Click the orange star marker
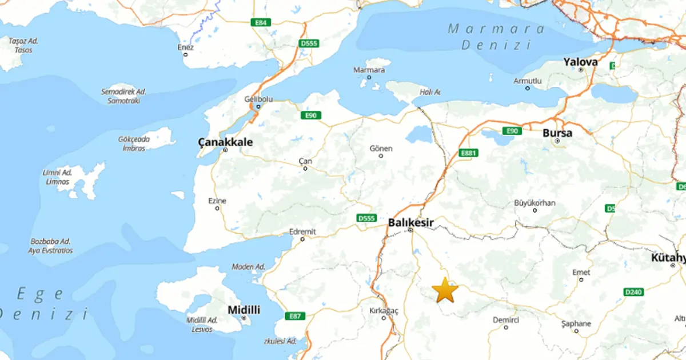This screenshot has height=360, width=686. point(445,290)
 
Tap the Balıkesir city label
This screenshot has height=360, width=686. point(411,222)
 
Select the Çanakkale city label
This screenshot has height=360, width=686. point(225,142)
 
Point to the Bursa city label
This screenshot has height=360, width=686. point(557,133)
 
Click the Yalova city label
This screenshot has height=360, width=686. point(580,62)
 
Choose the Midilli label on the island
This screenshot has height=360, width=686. point(244,310)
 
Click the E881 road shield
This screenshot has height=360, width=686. point(468,153)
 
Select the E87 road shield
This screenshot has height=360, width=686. point(295,316)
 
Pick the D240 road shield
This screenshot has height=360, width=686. point(633,292)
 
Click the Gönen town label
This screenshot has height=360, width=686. point(381,149)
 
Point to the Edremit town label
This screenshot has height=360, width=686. point(303,231)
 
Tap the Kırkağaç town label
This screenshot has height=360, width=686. point(384,310)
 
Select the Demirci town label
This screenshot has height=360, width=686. point(506,320)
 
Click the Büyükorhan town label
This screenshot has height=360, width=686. point(535,202)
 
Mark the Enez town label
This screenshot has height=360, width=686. point(186,47)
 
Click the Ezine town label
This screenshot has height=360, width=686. point(217,201)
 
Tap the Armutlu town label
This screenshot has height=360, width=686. point(528,81)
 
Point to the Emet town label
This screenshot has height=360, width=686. point(581,273)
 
